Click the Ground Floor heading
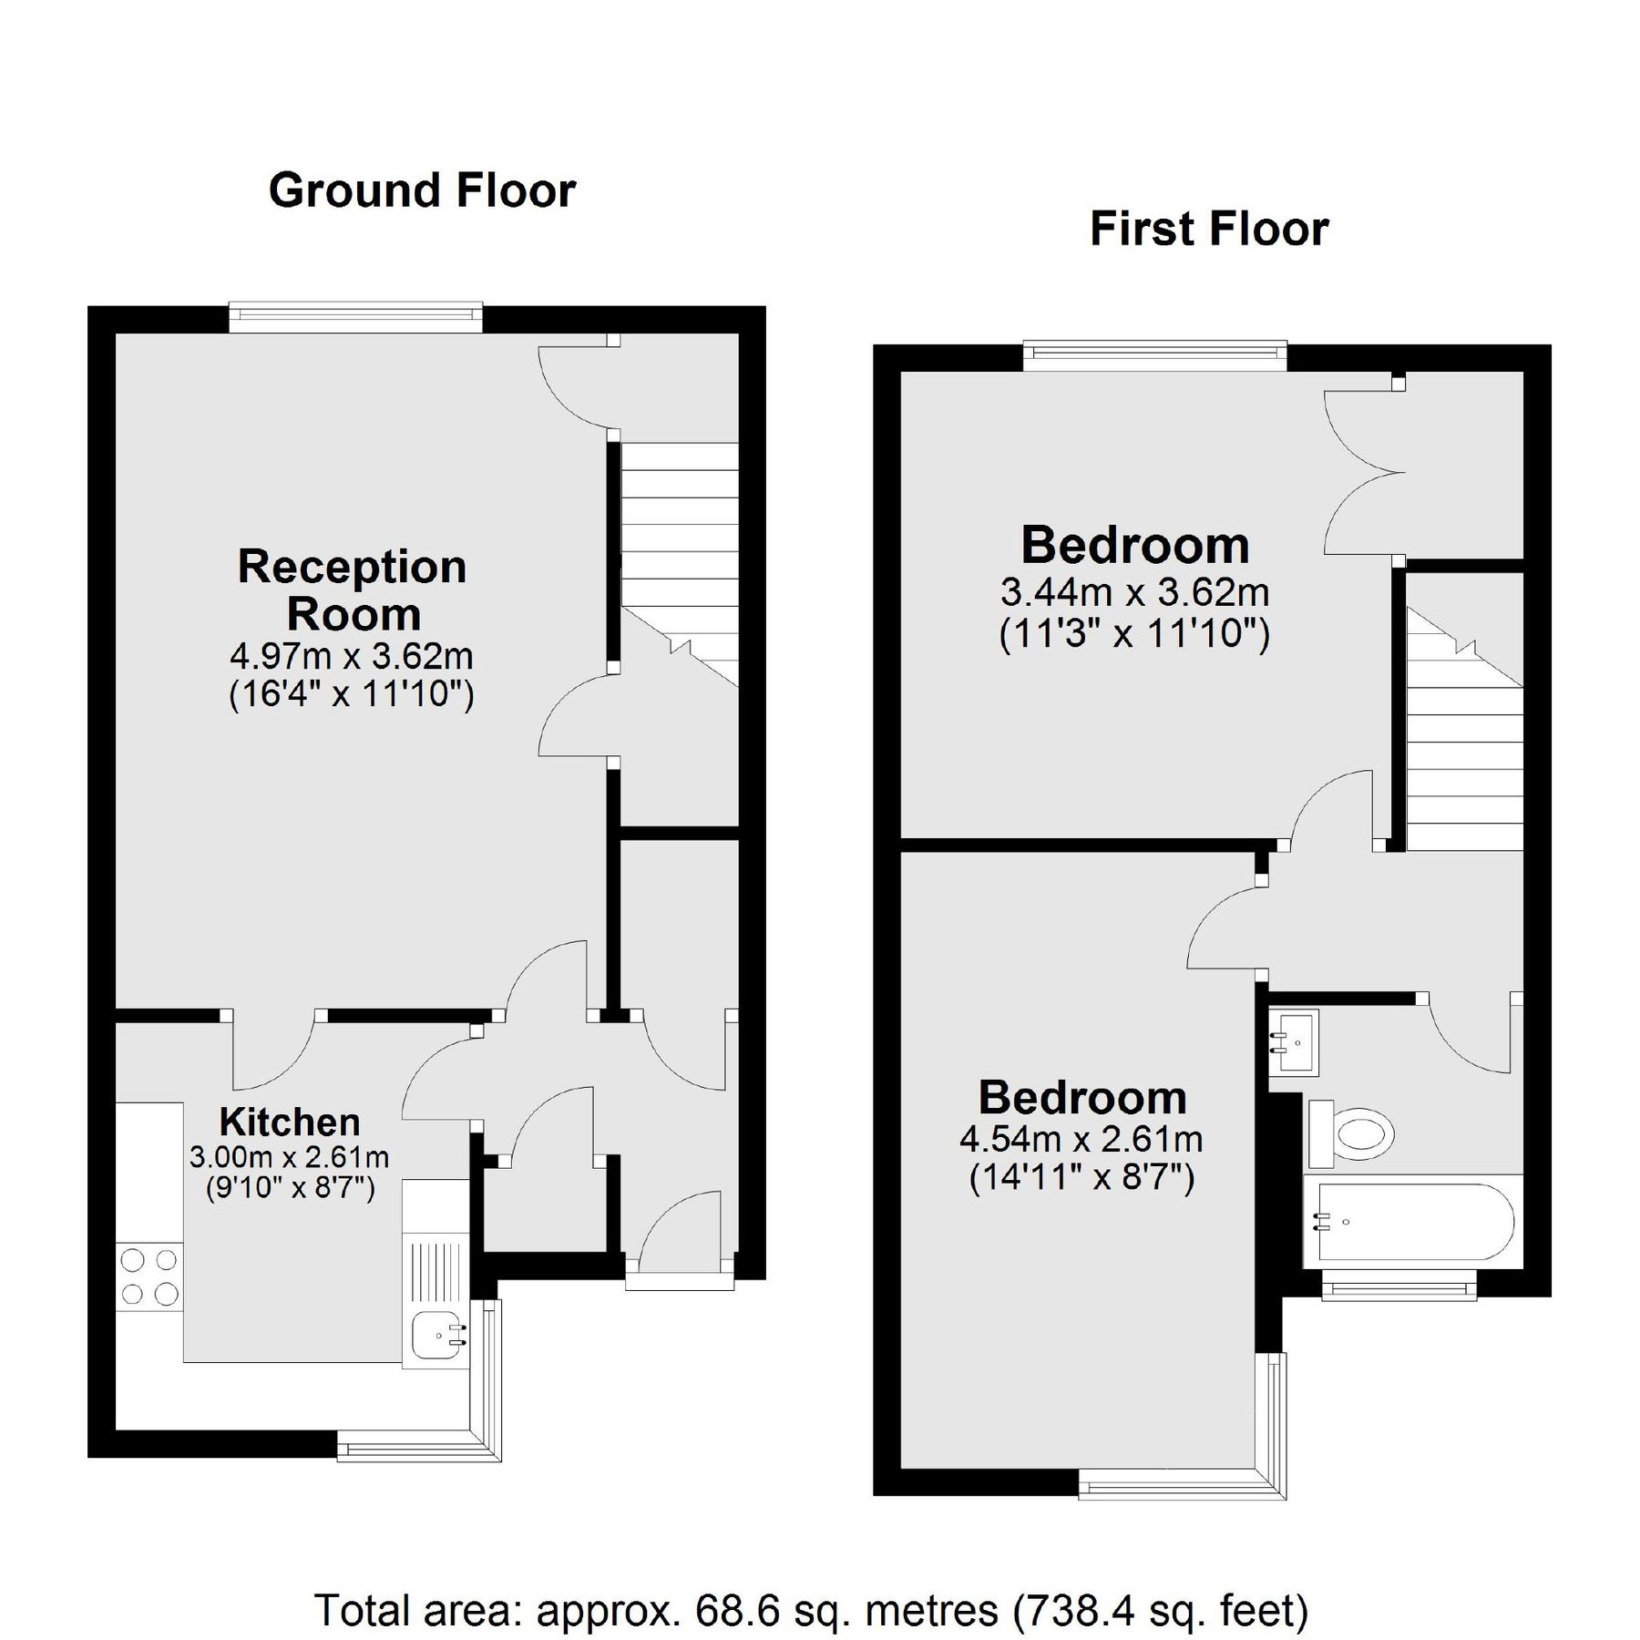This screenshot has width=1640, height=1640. tap(422, 191)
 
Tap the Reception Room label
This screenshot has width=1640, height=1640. tap(353, 589)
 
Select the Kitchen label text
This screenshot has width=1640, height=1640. tap(290, 1122)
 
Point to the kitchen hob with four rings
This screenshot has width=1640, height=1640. tap(149, 1276)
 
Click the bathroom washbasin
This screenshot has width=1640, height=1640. tap(1294, 1041)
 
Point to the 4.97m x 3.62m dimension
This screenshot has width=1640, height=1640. tap(352, 655)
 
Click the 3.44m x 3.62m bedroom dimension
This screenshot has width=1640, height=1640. tap(1134, 593)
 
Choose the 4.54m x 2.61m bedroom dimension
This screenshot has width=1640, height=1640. tap(1081, 1139)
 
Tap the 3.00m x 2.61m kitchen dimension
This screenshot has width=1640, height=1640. tap(290, 1157)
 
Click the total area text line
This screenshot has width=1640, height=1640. tap(812, 1559)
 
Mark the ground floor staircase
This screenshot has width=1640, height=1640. tap(679, 565)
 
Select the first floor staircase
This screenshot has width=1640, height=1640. tap(1465, 729)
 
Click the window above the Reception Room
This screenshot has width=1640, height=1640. tap(355, 317)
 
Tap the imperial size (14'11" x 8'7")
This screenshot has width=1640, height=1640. tap(1081, 1178)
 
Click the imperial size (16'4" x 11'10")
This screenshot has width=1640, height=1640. tap(352, 695)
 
